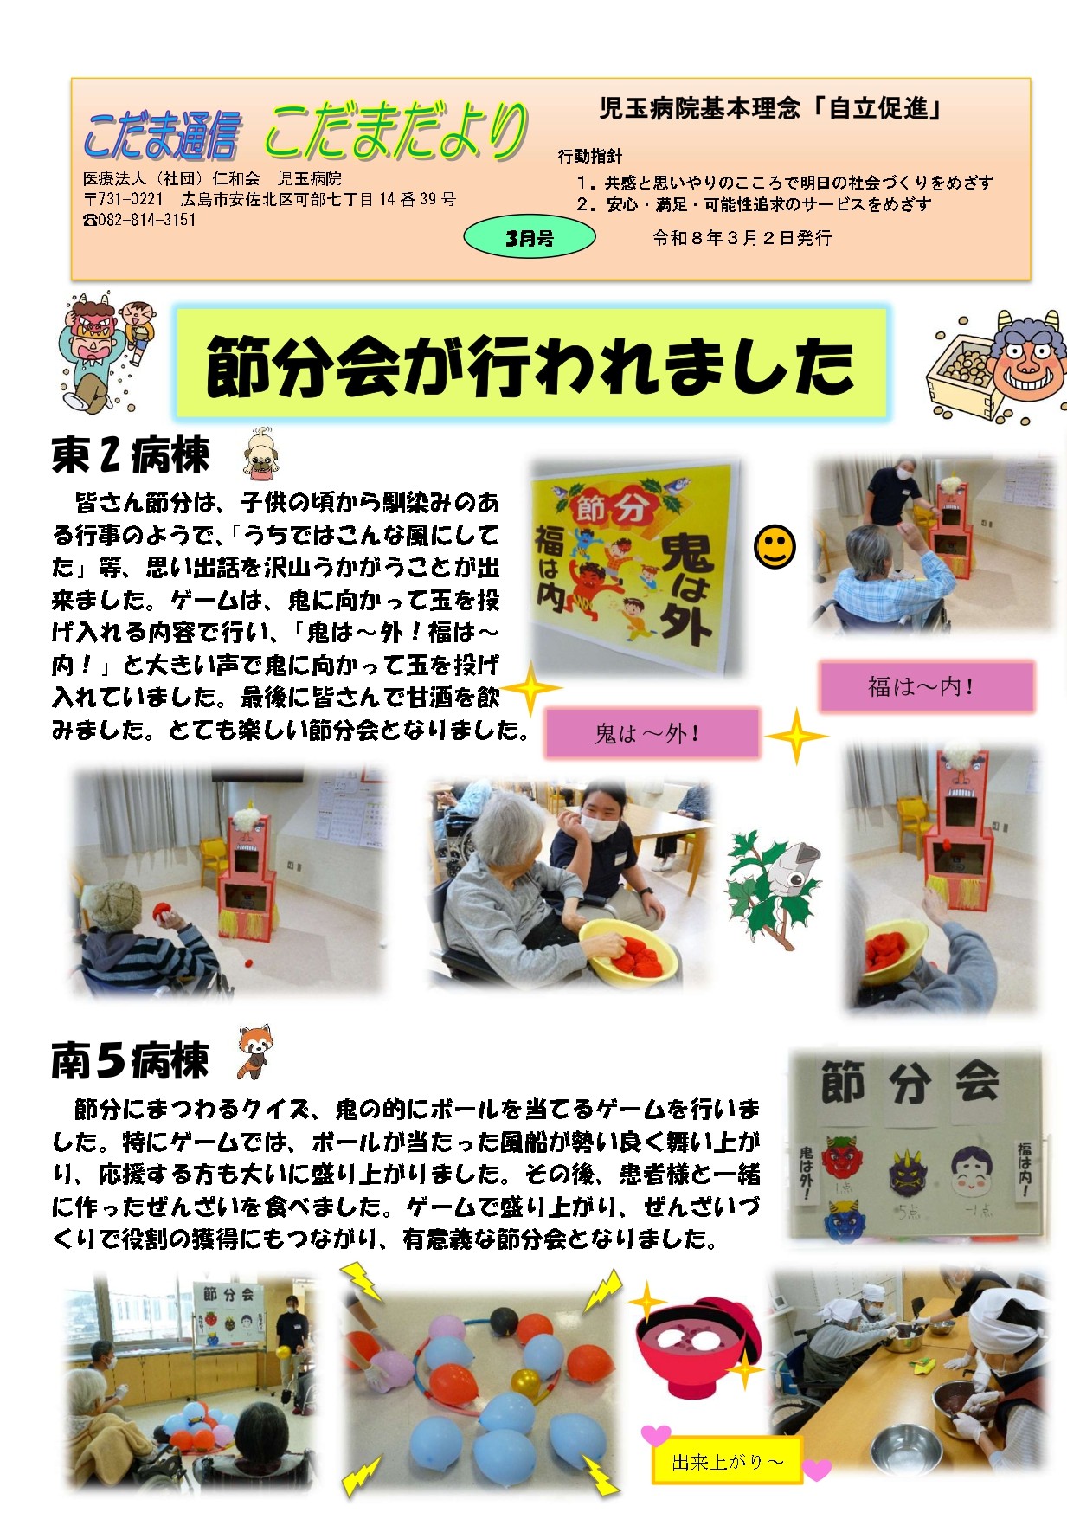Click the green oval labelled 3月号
coord(530,238)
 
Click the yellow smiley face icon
coord(775,546)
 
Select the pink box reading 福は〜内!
coord(926,687)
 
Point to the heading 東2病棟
coord(131,455)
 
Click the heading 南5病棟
coord(131,1061)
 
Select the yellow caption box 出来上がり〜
coord(727,1462)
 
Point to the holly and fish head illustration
coord(773,889)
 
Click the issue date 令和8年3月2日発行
coord(742,238)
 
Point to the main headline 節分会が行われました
coord(530,364)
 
